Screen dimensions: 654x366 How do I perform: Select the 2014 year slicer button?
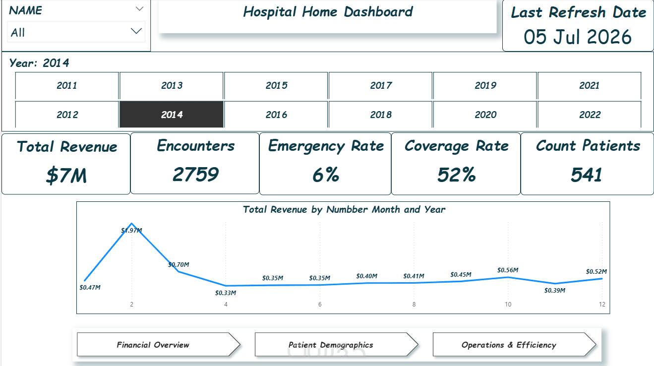[x=172, y=115]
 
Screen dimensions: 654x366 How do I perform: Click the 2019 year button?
[x=485, y=85]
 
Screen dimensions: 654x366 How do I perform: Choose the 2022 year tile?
[x=590, y=115]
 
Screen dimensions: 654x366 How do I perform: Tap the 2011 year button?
[x=67, y=85]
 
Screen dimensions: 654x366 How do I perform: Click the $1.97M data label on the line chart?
[x=132, y=231]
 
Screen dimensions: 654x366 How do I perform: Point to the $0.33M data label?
[x=226, y=293]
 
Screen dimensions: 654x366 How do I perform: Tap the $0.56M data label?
[x=508, y=270]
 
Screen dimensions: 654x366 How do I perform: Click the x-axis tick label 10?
[x=508, y=305]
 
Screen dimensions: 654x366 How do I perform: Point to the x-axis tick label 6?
[x=320, y=305]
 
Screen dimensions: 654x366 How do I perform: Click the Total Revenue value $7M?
[x=66, y=175]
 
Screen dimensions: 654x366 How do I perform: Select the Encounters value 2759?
[x=196, y=175]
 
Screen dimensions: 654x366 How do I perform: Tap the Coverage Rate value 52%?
[x=456, y=175]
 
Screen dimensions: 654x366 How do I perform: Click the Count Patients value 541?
[x=587, y=175]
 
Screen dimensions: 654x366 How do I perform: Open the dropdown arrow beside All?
[x=136, y=31]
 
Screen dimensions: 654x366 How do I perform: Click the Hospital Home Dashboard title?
[x=328, y=12]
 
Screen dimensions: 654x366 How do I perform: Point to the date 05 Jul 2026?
[x=578, y=37]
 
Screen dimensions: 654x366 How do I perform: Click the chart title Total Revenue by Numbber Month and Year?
[x=344, y=209]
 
